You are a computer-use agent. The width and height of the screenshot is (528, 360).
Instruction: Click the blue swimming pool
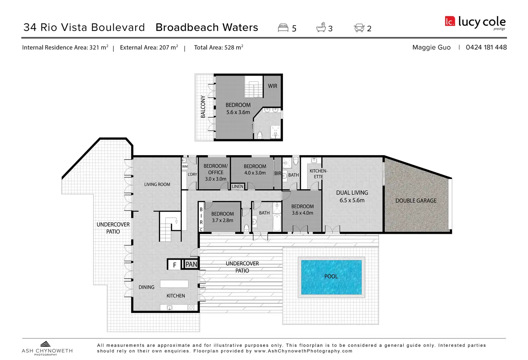pos(331,277)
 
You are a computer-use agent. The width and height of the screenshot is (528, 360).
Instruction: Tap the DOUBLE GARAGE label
pos(416,201)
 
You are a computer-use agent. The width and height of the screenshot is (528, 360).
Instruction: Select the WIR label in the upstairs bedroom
pos(273,86)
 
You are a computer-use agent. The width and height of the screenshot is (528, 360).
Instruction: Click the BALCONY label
pos(203,106)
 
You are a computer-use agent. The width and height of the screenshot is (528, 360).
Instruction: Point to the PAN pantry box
pos(191,265)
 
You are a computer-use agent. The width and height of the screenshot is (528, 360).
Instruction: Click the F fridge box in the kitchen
pos(175,265)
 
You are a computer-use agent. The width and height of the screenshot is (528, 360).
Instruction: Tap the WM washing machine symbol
pos(185,166)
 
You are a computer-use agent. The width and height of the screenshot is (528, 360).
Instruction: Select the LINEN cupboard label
pos(237,186)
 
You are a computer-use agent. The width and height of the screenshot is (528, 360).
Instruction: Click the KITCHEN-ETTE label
pos(318,174)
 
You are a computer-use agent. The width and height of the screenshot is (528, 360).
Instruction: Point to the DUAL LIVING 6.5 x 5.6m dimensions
pos(352,200)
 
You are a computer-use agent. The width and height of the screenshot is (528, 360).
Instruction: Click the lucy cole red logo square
pos(450,22)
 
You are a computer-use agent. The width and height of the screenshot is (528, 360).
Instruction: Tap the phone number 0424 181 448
pos(486,47)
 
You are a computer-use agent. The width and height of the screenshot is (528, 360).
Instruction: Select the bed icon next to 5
pos(283,28)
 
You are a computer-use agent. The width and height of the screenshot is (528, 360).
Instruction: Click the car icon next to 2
pos(359,28)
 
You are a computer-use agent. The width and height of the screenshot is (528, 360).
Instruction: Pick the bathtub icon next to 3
pos(321,28)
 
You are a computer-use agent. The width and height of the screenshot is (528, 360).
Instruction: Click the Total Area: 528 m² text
pos(218,47)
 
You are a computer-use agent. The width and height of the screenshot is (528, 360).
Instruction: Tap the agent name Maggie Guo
pos(431,47)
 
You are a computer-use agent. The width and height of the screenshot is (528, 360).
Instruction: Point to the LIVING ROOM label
pos(157,184)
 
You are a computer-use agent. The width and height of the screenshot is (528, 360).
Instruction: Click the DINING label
pos(146,287)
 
